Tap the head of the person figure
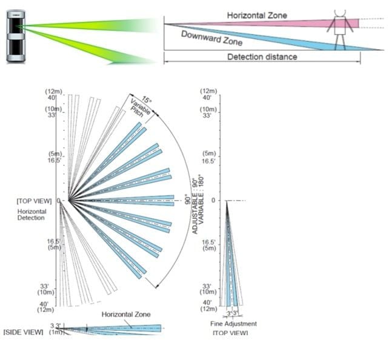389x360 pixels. coord(339,13)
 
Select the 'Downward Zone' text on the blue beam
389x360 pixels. coord(211,38)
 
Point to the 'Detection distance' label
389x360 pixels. coord(262,57)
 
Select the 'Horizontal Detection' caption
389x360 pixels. coord(32,215)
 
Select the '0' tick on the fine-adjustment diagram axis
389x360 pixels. coord(213,201)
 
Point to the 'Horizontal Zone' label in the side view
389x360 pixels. coord(125,315)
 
